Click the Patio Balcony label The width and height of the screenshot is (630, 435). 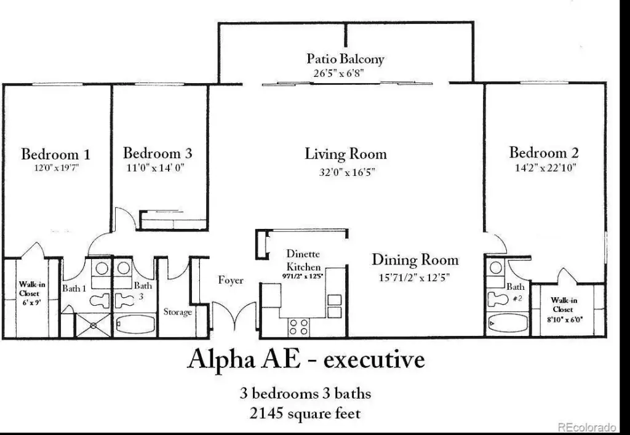click(346, 59)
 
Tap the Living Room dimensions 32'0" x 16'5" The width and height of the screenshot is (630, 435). click(347, 172)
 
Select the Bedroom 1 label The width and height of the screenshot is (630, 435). click(56, 154)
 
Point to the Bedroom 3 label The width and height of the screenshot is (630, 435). click(157, 153)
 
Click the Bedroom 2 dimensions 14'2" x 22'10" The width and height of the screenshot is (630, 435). click(546, 167)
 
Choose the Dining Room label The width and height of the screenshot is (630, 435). click(415, 260)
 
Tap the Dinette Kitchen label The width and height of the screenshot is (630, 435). click(303, 260)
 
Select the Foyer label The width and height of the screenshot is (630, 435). click(231, 280)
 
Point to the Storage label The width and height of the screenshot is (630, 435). click(178, 312)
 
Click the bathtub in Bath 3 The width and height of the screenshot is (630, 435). click(135, 324)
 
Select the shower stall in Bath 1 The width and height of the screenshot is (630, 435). click(94, 325)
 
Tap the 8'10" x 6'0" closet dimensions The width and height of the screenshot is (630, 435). click(565, 320)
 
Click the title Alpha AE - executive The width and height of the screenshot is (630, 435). click(306, 359)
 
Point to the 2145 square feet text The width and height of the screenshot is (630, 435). click(305, 413)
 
